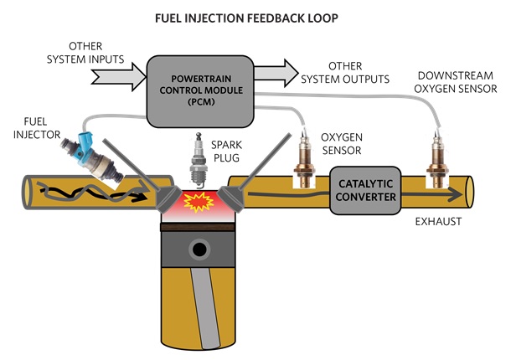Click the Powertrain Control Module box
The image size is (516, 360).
200,91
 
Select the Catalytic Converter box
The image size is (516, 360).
365,190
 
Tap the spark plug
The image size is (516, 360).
198,160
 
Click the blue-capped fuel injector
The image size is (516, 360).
92,157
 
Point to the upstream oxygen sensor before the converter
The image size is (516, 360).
304,159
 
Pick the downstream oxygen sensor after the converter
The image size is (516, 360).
437,160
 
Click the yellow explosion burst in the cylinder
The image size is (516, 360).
199,202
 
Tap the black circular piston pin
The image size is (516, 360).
199,249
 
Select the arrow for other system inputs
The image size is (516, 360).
118,77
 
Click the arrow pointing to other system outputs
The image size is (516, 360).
276,73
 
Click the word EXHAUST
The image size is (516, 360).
438,222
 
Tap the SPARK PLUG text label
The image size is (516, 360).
226,152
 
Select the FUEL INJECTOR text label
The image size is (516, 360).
37,128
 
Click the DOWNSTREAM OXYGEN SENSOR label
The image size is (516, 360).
456,82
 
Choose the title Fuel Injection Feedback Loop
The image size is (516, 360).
246,18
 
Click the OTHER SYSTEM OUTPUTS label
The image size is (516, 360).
345,73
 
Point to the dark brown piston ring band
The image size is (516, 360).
198,227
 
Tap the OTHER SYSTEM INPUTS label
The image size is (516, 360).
85,53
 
